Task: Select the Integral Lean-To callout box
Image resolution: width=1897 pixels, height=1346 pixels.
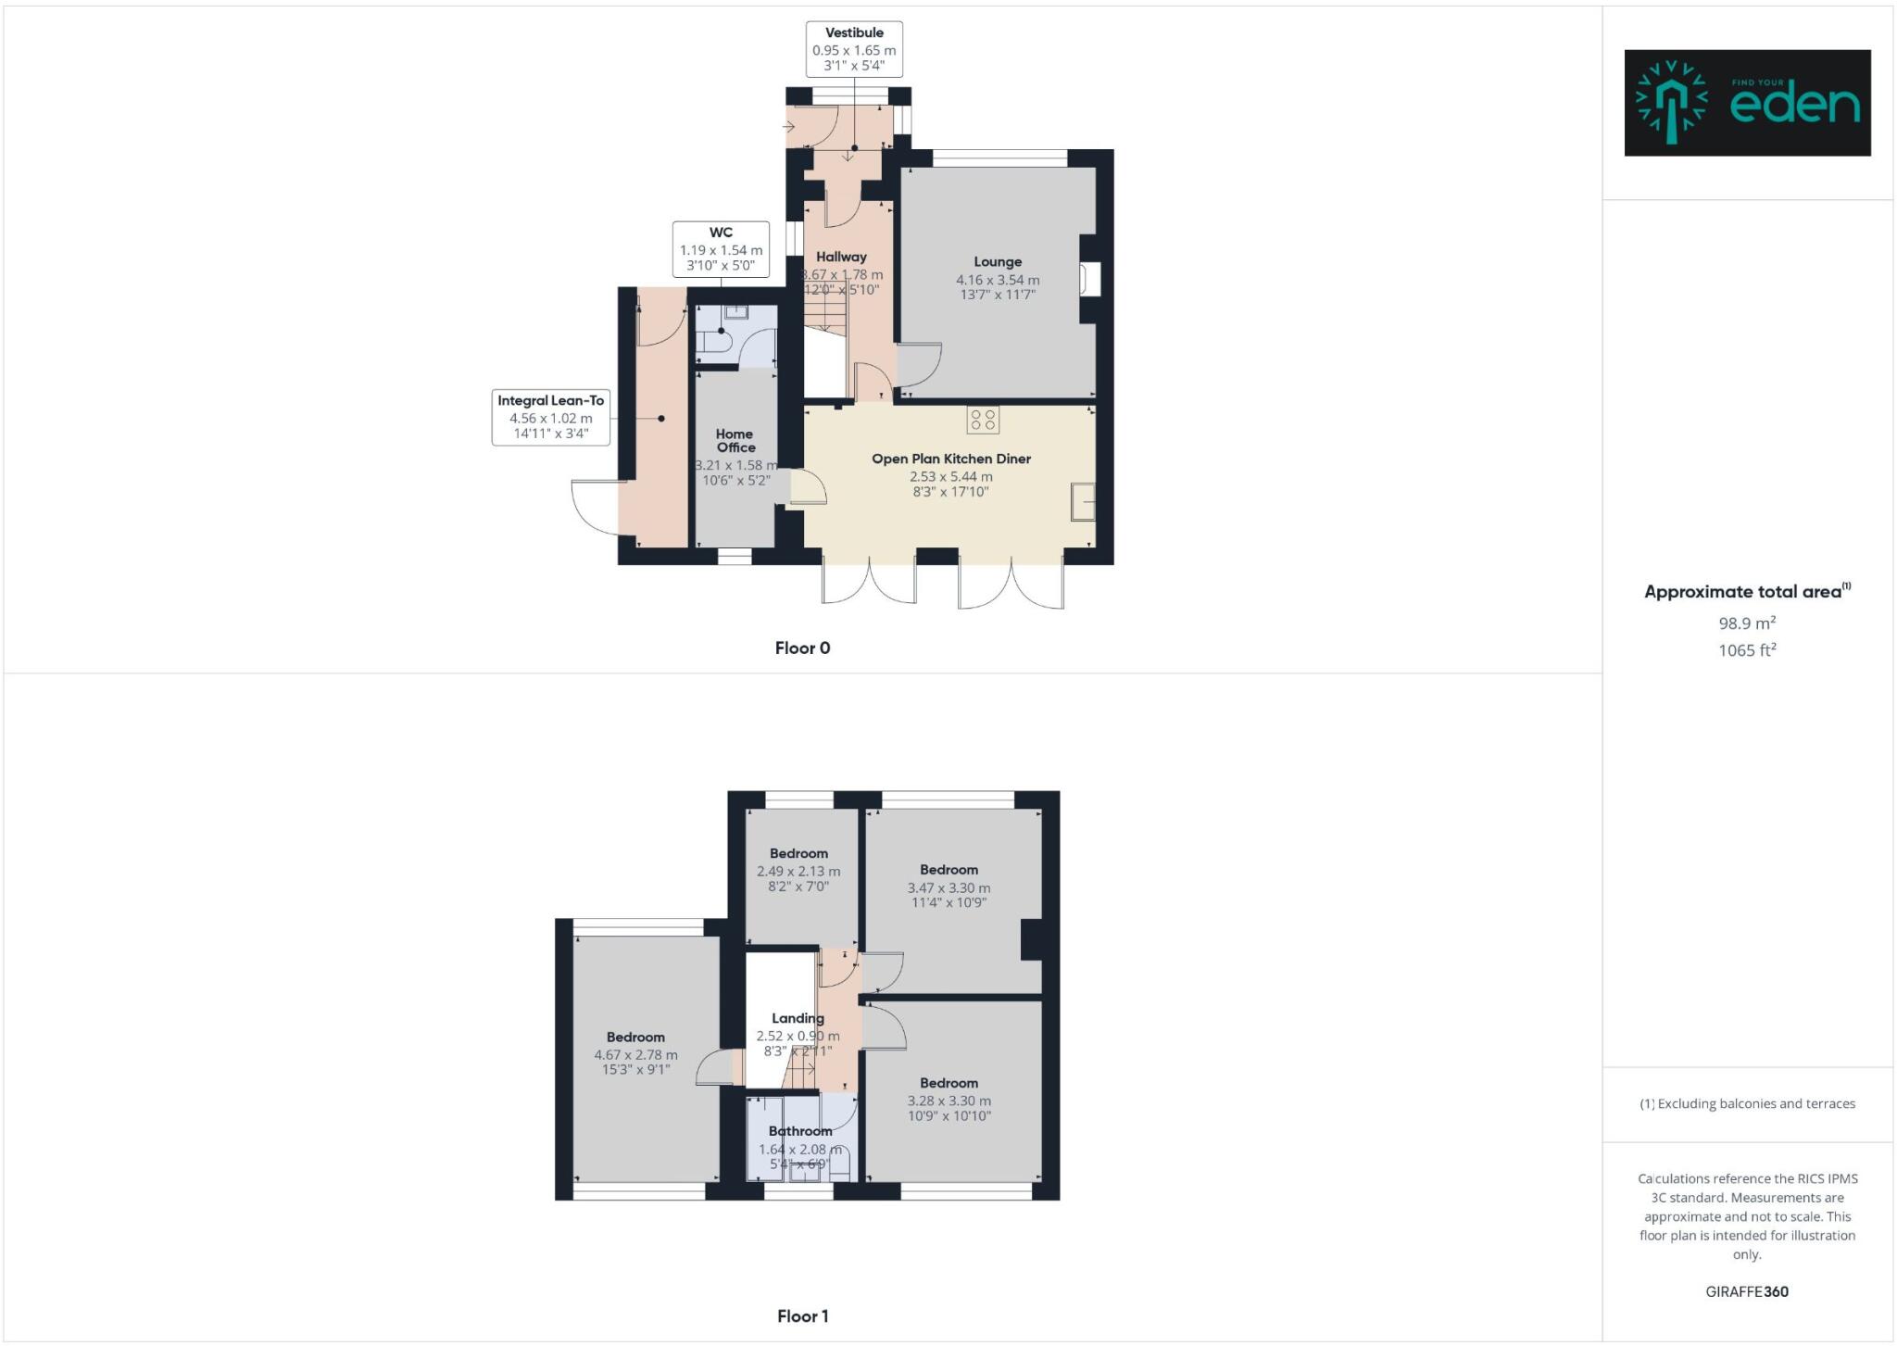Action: [550, 417]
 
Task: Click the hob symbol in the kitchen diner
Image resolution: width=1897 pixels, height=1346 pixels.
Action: [983, 420]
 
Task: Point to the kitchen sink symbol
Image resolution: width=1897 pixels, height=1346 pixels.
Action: [1083, 502]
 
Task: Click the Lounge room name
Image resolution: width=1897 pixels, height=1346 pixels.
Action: [998, 262]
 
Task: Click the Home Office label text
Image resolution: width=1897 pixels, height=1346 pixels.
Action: [735, 440]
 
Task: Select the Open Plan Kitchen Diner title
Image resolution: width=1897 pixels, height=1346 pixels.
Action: [950, 459]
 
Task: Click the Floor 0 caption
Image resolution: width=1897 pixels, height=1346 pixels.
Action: [802, 648]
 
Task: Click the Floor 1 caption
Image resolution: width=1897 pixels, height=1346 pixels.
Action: [802, 1316]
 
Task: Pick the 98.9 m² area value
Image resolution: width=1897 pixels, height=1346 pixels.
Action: [1747, 623]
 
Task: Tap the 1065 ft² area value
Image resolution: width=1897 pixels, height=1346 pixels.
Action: [1747, 650]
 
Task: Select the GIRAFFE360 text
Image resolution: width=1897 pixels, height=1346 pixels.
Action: [1747, 1291]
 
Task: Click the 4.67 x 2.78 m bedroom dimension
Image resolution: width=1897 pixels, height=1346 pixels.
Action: [635, 1055]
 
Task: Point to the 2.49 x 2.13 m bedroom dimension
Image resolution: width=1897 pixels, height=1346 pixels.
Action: [798, 872]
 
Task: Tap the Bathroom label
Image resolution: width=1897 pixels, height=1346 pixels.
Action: [800, 1131]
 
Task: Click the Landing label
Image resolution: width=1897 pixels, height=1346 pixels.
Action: [798, 1018]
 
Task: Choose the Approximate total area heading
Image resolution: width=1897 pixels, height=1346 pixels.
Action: [1745, 592]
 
